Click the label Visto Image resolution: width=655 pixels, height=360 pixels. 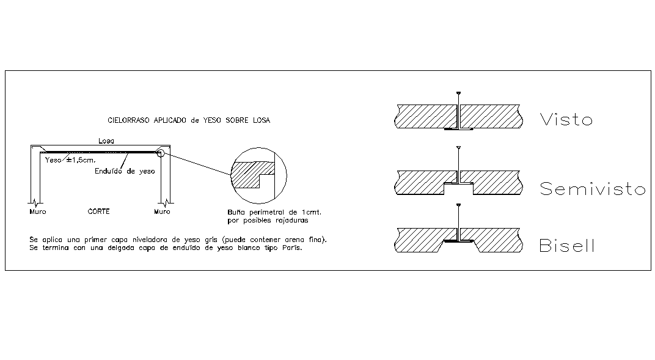click(x=566, y=119)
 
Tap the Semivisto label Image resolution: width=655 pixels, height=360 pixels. click(x=592, y=189)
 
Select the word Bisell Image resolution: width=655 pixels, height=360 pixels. click(x=566, y=246)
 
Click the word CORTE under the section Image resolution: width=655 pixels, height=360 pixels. click(x=98, y=212)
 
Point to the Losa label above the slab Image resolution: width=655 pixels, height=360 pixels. click(x=106, y=141)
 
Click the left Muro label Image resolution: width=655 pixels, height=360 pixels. click(x=37, y=212)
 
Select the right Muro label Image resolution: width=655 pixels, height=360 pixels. click(x=162, y=212)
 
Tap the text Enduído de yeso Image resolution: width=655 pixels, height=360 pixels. click(x=124, y=172)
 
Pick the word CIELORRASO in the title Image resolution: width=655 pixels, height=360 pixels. click(x=126, y=120)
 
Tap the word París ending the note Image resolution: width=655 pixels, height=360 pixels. click(x=292, y=249)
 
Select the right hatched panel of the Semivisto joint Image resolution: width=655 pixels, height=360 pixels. click(x=499, y=182)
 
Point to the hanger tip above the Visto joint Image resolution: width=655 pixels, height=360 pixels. click(x=458, y=93)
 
